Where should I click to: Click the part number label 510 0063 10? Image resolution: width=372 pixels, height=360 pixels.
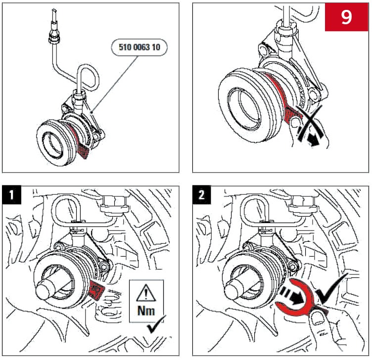click(140, 48)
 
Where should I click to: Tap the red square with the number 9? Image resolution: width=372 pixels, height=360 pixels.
click(346, 17)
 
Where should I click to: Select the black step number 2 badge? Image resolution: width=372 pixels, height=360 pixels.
click(203, 195)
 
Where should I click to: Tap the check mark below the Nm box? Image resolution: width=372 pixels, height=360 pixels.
click(157, 329)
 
